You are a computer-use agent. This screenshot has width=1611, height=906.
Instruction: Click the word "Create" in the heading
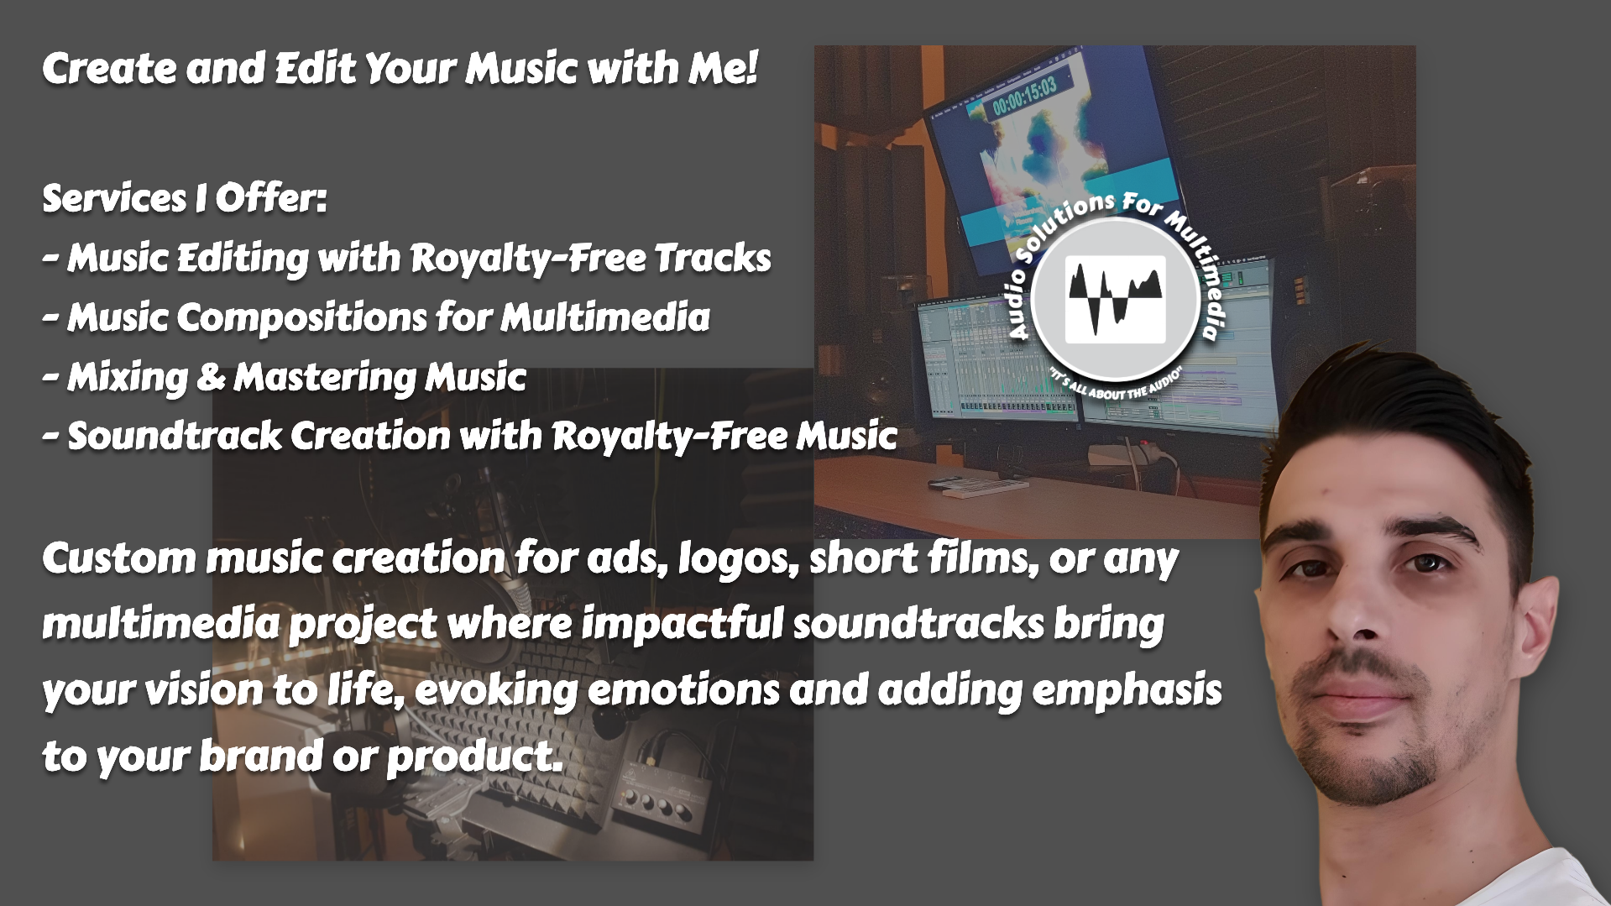tap(109, 68)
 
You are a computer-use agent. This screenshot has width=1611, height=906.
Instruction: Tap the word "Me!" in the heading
tap(724, 68)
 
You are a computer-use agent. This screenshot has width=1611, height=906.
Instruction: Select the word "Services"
tap(113, 199)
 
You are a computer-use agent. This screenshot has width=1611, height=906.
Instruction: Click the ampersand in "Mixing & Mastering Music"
tap(210, 377)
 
